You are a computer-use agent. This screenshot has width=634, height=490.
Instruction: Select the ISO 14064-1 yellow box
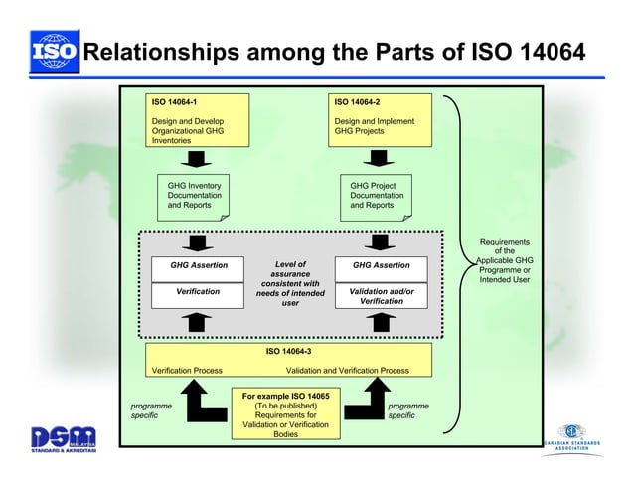coord(198,120)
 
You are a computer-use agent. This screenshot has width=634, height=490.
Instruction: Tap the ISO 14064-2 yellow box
coord(382,120)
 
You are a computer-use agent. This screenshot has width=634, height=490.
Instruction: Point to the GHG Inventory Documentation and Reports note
coord(196,196)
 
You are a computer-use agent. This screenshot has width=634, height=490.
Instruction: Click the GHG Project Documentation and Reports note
coord(378,196)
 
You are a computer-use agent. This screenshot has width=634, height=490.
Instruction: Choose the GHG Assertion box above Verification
coord(199,266)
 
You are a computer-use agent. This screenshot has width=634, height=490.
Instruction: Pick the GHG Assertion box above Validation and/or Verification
coord(381,266)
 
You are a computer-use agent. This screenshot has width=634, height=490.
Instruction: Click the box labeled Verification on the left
coord(199,293)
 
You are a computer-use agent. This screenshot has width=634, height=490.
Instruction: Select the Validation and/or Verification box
coord(381,295)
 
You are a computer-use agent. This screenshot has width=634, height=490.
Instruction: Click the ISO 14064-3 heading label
coord(288,351)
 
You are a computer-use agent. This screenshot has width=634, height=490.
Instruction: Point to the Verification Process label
coord(186,371)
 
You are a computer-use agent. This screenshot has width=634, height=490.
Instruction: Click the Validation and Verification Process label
coord(347,371)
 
